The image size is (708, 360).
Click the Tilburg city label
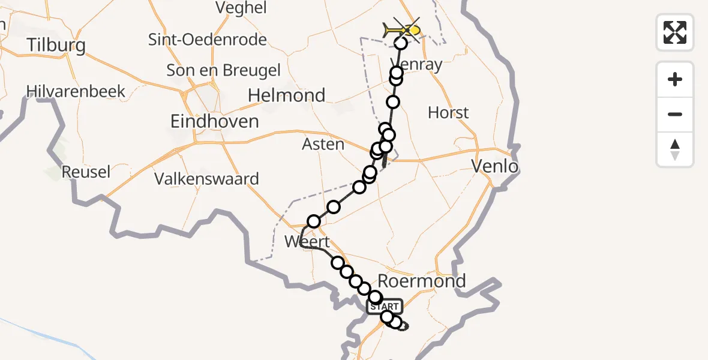(56, 46)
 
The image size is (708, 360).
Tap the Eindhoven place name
(214, 121)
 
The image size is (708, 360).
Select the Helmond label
(287, 95)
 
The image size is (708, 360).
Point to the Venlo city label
(495, 166)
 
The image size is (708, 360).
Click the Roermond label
(422, 281)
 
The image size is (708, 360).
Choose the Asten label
(323, 144)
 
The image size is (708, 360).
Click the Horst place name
(448, 113)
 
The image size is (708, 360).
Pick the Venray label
(416, 64)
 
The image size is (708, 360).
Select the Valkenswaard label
(206, 179)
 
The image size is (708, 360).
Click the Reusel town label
(86, 172)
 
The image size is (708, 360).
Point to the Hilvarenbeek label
(76, 91)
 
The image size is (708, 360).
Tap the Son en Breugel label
(223, 70)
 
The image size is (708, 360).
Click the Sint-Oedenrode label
(208, 40)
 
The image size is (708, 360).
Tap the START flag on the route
(385, 307)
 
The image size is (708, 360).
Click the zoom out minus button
(675, 114)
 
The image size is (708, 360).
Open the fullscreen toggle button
(675, 32)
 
